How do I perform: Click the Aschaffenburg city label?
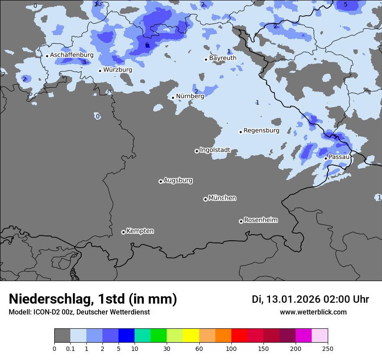coord(72,55)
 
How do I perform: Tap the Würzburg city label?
coord(118,70)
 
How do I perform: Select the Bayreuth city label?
coord(223,58)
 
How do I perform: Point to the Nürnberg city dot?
coord(173,98)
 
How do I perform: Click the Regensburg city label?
coord(261,131)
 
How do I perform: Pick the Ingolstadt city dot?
coord(197,151)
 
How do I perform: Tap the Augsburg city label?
coord(178,180)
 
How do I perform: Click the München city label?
coord(222,198)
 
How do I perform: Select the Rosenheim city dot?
coord(241,221)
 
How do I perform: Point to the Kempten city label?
coord(140,231)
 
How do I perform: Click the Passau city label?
coord(339,157)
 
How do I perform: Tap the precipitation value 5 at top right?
coord(346,5)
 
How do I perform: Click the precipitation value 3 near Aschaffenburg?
coord(84,62)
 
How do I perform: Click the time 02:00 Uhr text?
coord(346,299)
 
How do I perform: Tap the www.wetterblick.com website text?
coord(313,312)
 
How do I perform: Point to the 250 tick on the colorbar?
coord(328,349)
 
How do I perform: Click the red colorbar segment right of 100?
coord(239,336)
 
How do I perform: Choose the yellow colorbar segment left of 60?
coord(191,336)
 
